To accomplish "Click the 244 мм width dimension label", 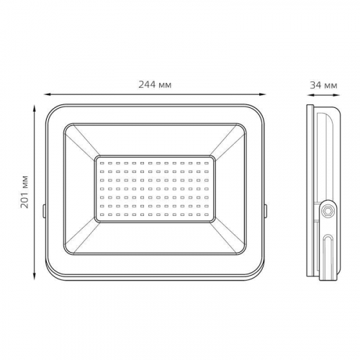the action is tap(155, 85).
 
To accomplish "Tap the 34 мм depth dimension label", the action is tap(323, 85).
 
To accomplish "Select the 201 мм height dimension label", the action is tap(24, 192).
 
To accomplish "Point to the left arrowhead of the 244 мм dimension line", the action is tap(47, 94).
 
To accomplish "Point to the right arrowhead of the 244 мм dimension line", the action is tap(262, 94).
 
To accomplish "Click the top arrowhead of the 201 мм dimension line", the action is tap(35, 108).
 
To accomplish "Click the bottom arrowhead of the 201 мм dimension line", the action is tap(35, 276).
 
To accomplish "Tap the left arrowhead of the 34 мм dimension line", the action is tap(310, 95).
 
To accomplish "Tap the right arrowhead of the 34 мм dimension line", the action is tap(337, 95).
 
